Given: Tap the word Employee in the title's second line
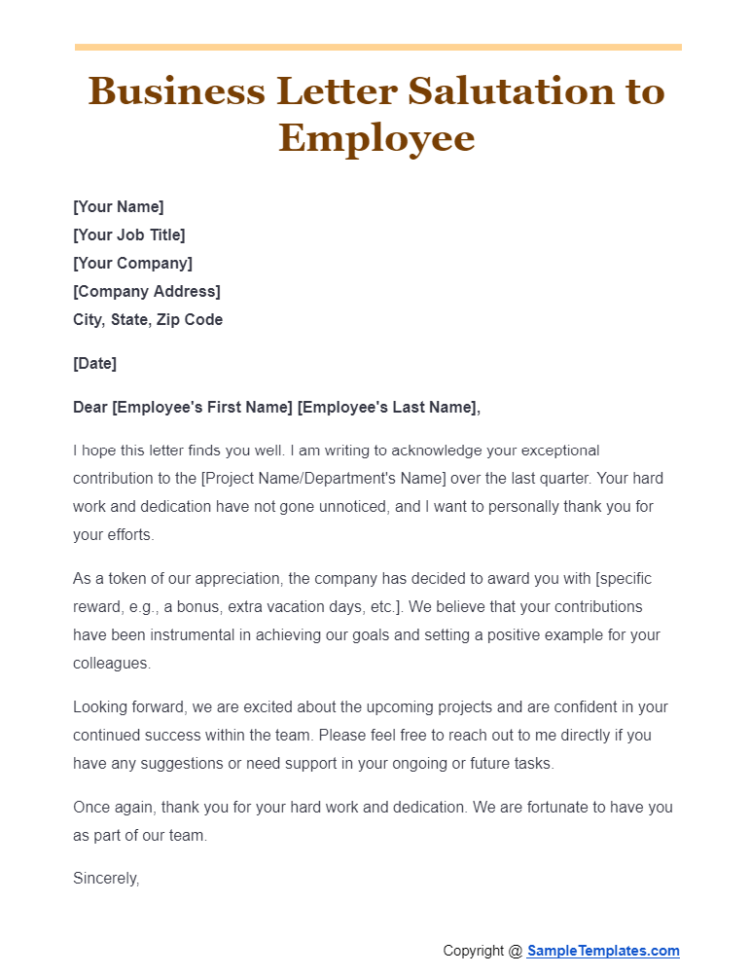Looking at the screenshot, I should click(376, 137).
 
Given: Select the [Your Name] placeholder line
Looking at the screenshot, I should click(119, 206).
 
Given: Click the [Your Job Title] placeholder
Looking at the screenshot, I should click(129, 235).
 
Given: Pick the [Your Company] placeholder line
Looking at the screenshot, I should click(132, 263).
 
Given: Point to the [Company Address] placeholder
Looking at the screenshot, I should click(147, 291).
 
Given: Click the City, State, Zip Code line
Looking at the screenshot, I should click(148, 319).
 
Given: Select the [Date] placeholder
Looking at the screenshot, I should click(94, 363).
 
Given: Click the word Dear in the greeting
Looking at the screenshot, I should click(90, 408).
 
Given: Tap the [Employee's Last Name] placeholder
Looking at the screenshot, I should click(387, 408).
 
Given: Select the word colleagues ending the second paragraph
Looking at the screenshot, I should click(111, 663).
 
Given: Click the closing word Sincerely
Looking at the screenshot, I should click(106, 879).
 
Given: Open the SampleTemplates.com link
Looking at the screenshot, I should click(603, 951).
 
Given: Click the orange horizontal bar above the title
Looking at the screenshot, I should click(377, 47).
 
